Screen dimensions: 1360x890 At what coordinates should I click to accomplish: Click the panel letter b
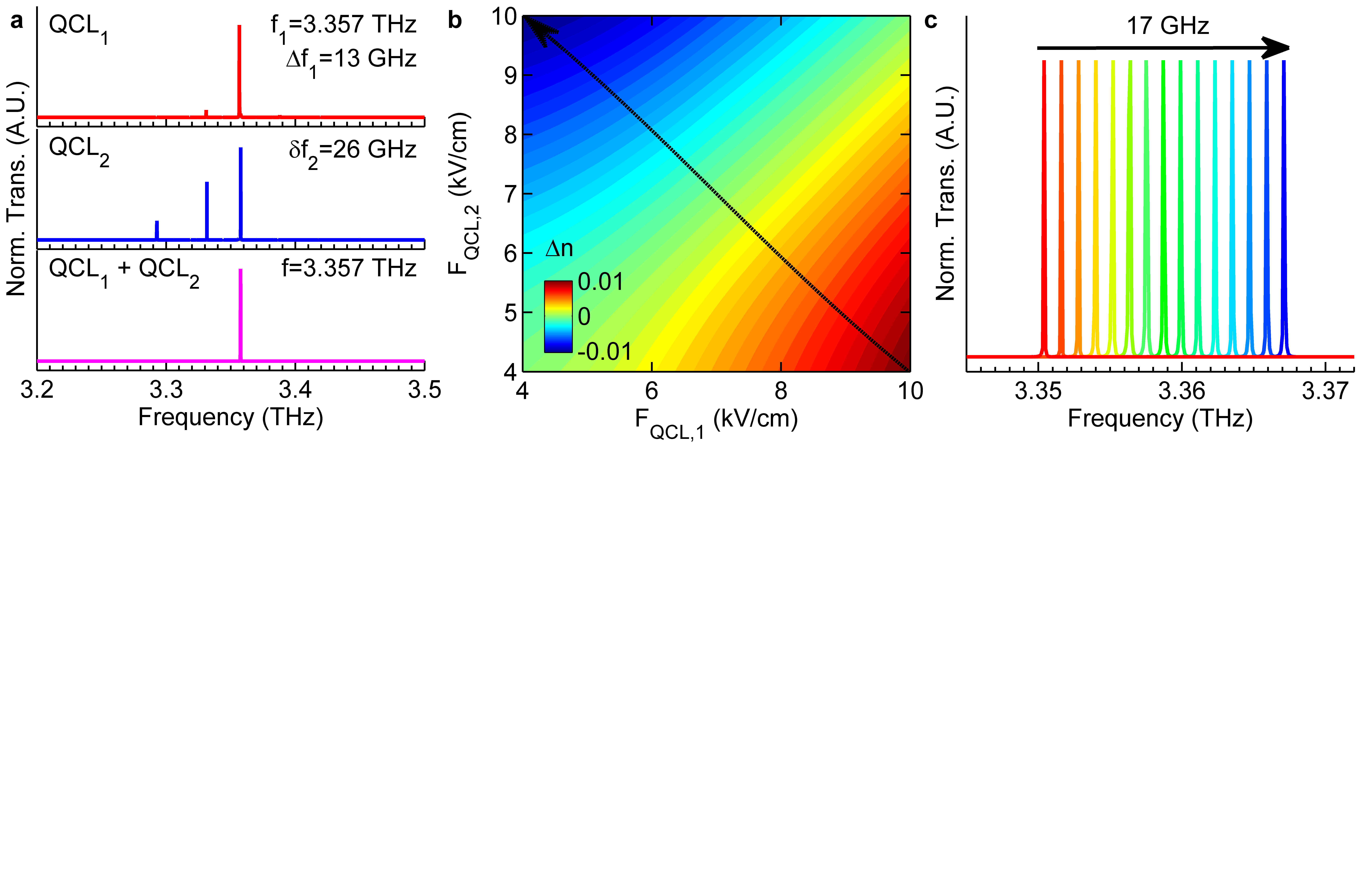(x=455, y=21)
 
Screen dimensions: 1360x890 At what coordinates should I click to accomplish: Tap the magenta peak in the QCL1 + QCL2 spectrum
(x=241, y=314)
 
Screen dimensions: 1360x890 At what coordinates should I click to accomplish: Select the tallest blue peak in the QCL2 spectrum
(x=241, y=193)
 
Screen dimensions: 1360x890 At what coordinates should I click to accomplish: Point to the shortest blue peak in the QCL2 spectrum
(x=157, y=230)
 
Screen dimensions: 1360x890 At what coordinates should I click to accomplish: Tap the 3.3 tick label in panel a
(x=166, y=390)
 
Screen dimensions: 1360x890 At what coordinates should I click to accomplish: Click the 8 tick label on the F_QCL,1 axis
(x=781, y=391)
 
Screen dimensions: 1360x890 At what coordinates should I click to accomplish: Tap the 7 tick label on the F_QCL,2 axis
(x=510, y=194)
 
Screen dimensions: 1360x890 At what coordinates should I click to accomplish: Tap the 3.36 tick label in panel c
(x=1182, y=391)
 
